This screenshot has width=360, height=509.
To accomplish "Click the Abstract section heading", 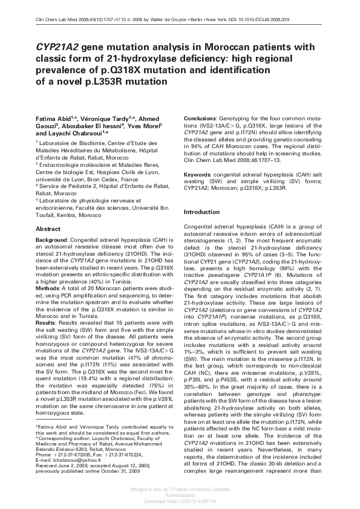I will tap(48, 229).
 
